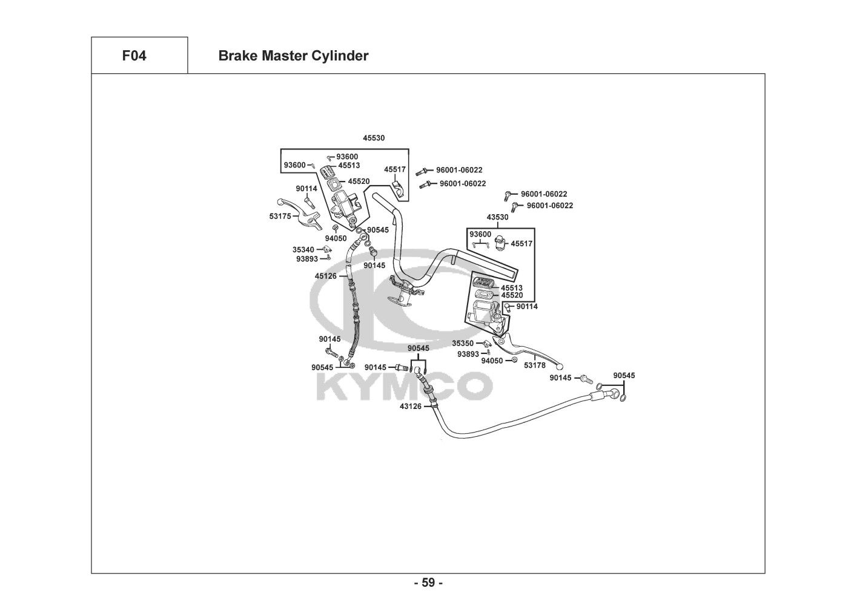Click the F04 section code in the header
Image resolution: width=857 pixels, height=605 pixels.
point(134,56)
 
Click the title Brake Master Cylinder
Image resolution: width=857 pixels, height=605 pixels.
point(293,56)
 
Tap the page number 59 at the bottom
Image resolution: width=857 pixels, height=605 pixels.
point(428,583)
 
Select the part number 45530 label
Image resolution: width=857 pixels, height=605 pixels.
point(374,138)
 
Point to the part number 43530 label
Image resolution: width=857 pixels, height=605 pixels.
point(497,217)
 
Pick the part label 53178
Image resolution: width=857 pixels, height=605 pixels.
point(535,365)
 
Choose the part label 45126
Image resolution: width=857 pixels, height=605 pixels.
point(325,276)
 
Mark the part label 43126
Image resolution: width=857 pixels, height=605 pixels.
point(410,406)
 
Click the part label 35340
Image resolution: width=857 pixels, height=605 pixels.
point(303,249)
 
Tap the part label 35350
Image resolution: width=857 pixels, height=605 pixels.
point(463,343)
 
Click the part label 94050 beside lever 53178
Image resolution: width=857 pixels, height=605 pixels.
point(492,361)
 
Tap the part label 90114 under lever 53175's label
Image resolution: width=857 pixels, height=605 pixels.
point(306,188)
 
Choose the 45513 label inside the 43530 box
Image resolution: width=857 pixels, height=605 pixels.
point(511,288)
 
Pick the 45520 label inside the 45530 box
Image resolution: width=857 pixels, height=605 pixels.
point(359,181)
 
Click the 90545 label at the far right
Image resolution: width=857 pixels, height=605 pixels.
point(624,376)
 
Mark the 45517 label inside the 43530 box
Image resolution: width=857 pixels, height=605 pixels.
point(521,243)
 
